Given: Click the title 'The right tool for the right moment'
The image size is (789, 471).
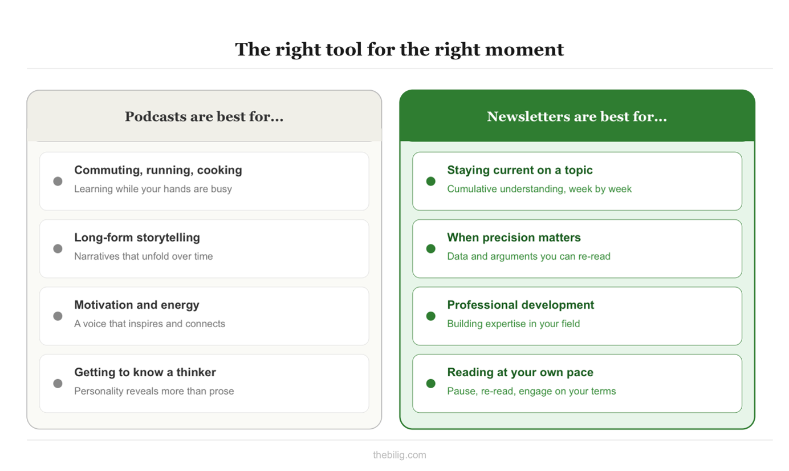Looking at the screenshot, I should pos(399,49).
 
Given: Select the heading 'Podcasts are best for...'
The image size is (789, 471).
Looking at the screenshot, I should pos(204,116).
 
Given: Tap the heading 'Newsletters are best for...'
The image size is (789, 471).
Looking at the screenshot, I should pos(576,116).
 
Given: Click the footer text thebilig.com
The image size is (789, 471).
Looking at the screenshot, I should pos(399,455).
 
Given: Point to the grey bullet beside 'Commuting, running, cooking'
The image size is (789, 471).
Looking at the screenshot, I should pos(58,182).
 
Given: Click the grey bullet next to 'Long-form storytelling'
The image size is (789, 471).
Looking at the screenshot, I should pos(58,249).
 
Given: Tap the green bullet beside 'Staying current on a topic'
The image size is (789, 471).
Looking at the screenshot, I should pos(431,182).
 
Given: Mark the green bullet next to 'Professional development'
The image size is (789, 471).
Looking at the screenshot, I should pos(431,316).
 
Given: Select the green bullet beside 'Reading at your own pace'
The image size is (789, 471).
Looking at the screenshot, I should pos(431,384).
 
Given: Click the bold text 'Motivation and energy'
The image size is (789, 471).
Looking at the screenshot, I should pos(137,305).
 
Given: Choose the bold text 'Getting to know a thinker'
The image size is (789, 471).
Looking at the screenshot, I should pos(145,372).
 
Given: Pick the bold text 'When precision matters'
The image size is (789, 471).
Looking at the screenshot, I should pos(514,237).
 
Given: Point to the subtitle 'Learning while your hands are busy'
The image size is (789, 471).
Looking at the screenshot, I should pos(153,189).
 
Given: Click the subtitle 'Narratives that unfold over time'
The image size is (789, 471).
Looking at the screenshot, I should pos(143,256).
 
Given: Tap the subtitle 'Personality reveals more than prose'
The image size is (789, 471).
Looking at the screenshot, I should pos(154,391).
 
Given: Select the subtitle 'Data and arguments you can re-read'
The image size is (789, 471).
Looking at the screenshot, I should pos(528,256).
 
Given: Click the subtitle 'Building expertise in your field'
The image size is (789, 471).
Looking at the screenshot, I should pos(513,324).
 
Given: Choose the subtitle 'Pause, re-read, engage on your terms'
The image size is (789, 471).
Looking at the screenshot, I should pos(531,391).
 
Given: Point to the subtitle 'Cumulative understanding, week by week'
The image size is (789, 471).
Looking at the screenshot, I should pos(539,189).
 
